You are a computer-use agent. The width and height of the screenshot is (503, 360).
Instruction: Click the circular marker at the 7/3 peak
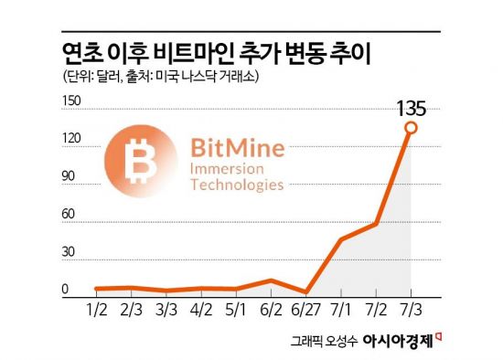click(x=411, y=128)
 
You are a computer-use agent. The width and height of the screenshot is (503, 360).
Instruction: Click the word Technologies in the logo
click(x=236, y=185)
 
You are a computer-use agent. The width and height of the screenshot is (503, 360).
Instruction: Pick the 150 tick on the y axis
click(x=71, y=100)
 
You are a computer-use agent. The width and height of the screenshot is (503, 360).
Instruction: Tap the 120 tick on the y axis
click(x=71, y=138)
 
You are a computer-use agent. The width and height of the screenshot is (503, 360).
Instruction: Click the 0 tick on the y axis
click(x=66, y=290)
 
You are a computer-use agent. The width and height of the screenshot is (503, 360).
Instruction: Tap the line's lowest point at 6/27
click(x=306, y=292)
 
